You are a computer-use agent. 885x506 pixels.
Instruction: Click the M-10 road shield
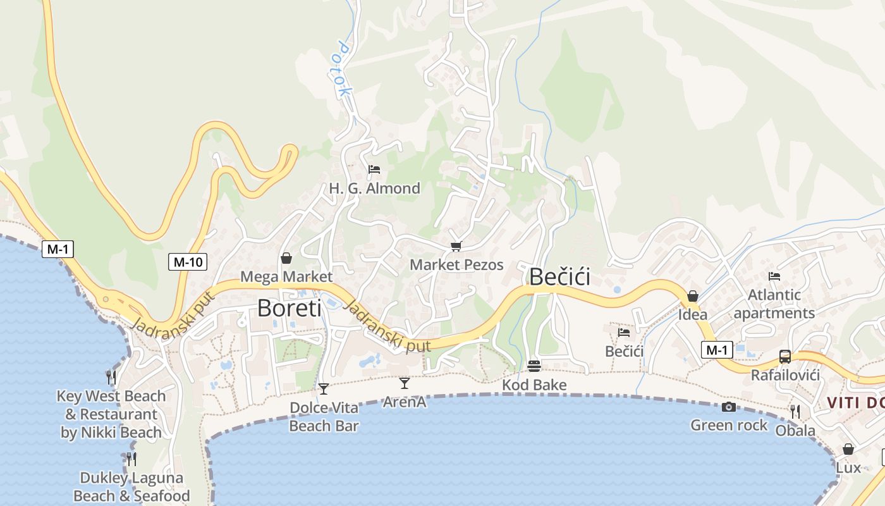(188, 261)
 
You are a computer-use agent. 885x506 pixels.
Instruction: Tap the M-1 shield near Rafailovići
(717, 350)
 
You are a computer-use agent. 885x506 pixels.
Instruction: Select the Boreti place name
(289, 308)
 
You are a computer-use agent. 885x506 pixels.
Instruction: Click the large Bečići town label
(559, 277)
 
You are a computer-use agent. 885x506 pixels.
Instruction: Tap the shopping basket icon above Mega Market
(286, 258)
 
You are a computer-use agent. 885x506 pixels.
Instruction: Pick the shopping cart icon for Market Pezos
(456, 246)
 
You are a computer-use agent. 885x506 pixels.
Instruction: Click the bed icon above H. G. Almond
(374, 170)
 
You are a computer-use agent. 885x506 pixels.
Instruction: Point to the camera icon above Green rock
(729, 407)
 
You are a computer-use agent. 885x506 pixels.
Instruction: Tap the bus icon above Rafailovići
(785, 356)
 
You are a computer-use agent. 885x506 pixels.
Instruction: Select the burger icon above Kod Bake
(534, 366)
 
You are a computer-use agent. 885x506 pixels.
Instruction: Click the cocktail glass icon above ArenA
(405, 383)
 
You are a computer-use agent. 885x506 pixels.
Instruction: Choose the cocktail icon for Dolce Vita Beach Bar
(324, 388)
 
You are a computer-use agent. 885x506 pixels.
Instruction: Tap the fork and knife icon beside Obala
(795, 412)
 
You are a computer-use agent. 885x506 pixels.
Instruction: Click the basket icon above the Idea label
(693, 296)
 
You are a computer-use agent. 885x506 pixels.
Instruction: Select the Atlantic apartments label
(774, 304)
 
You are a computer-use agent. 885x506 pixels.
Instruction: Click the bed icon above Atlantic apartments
(774, 276)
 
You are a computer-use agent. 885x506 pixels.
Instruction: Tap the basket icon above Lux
(848, 449)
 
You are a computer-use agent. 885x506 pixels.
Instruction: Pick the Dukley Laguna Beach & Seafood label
(131, 486)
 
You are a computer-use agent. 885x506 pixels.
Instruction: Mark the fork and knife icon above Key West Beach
(111, 378)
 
